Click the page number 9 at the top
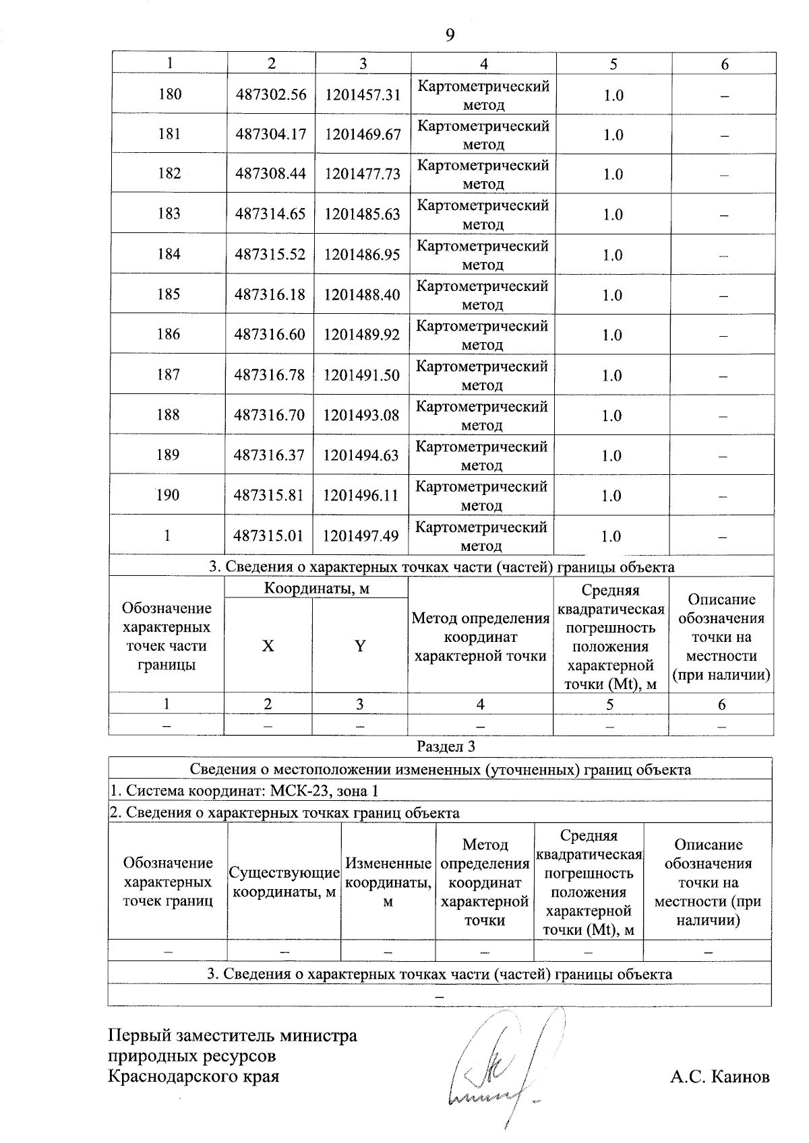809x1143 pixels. coord(450,35)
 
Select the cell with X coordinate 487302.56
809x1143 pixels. coord(271,95)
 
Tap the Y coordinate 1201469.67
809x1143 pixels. coord(363,135)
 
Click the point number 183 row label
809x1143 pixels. coord(169,214)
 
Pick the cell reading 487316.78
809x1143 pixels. coord(270,375)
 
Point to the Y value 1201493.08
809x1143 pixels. coord(361,415)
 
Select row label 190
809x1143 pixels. coord(168,495)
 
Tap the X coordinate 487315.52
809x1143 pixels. coord(270,255)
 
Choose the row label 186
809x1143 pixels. coord(169,335)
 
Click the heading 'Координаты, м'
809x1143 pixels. coord(317,589)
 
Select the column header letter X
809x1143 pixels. coord(268,647)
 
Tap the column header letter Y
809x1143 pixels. coord(360,647)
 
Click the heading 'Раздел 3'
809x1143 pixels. coord(446,747)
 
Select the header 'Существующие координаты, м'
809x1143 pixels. coord(284,882)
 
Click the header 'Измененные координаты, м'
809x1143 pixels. coord(388,882)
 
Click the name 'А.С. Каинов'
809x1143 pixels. coord(719,1076)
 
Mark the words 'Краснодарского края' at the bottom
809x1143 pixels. coord(194,1076)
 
